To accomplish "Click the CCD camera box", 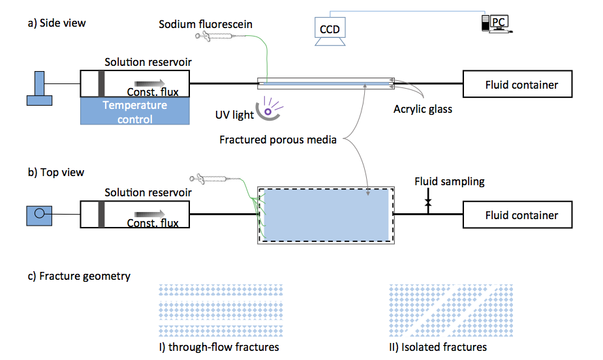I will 330,29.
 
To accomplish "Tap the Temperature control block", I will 134,112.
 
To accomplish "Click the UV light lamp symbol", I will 268,110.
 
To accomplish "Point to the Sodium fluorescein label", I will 206,24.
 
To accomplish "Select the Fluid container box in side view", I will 521,85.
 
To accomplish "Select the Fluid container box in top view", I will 521,215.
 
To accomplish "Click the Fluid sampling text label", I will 450,181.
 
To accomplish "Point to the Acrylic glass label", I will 422,109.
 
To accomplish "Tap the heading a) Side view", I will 57,23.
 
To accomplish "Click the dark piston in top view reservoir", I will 101,215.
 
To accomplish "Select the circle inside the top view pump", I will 40,213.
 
